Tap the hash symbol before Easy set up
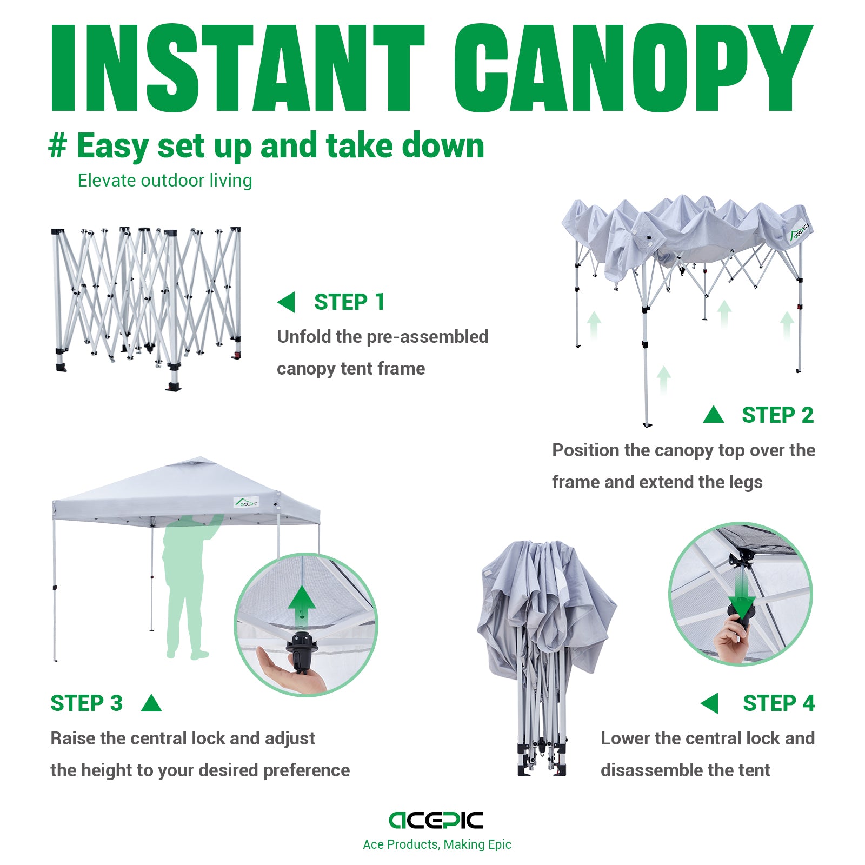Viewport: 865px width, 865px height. (58, 146)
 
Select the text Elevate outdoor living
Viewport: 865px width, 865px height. (165, 181)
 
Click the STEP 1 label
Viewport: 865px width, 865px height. (349, 302)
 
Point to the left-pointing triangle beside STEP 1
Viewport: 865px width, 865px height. (287, 302)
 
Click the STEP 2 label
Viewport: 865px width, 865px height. (777, 415)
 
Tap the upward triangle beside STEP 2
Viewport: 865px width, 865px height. (714, 415)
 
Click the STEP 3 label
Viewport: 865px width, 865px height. (86, 703)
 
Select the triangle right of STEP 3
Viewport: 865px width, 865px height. (151, 704)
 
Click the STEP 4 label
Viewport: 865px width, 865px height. (778, 703)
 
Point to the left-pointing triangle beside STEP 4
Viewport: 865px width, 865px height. (710, 703)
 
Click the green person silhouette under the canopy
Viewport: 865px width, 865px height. (187, 584)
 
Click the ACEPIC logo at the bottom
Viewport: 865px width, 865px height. (436, 820)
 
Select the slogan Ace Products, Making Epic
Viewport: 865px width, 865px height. (437, 844)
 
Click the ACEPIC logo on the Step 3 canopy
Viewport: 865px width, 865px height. (247, 502)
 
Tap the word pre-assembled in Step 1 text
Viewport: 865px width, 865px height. (427, 337)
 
